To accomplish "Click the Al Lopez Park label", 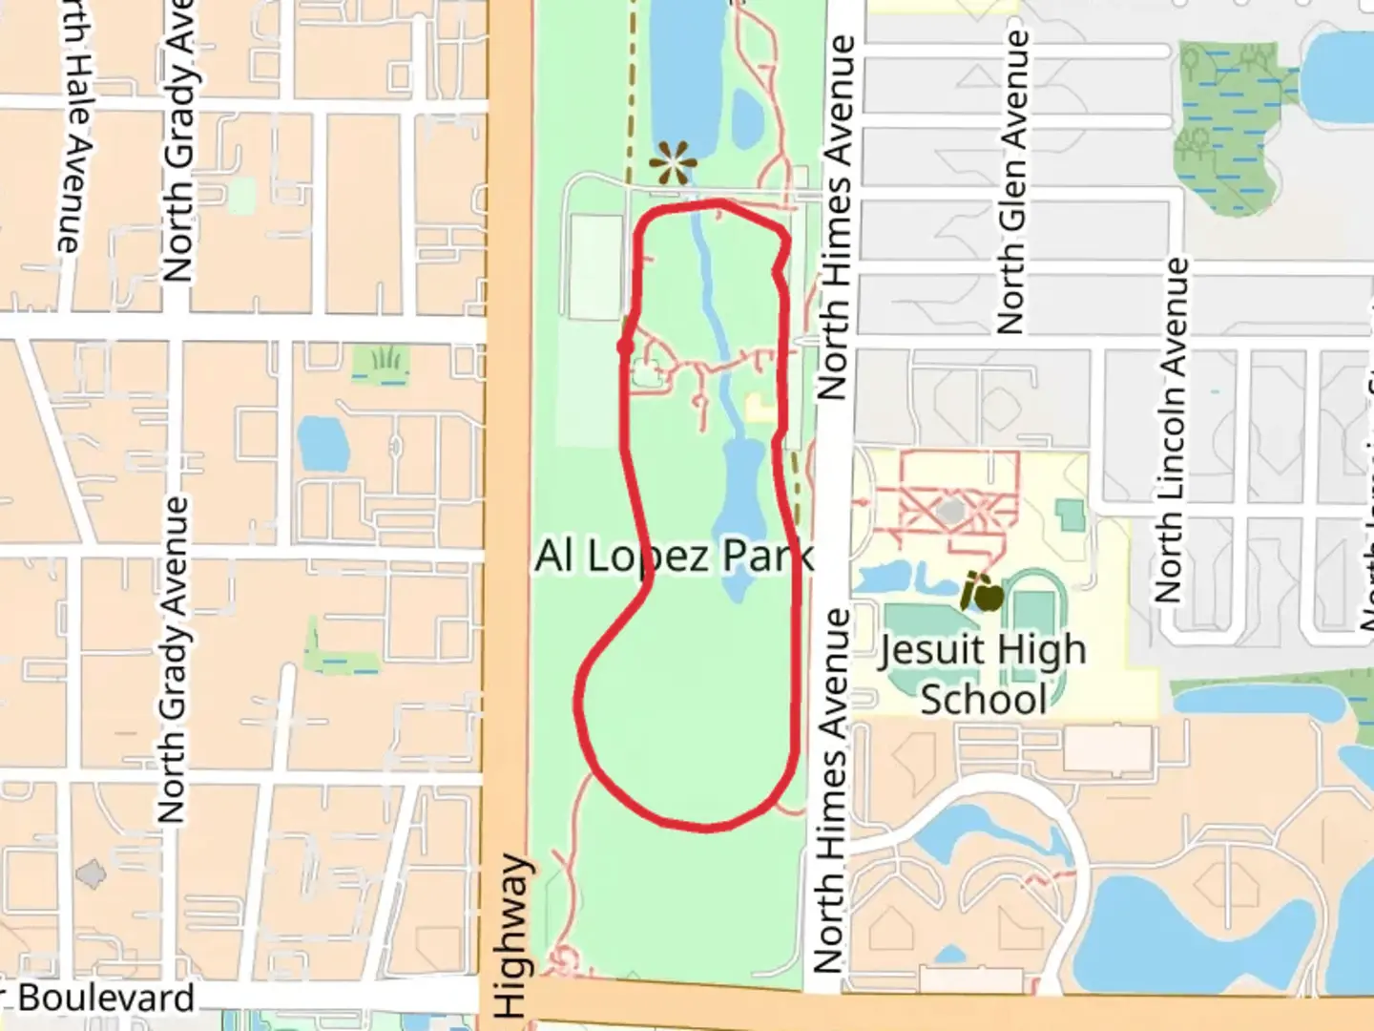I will point(674,556).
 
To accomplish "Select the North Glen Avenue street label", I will point(1013,181).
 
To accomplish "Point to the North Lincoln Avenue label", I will point(1172,430).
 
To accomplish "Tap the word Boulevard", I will point(105,999).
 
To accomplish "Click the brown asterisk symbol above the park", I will point(673,164).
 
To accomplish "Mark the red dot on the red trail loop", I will point(626,346).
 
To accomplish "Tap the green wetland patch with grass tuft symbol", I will point(382,363).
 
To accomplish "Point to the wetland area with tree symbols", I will point(1226,124).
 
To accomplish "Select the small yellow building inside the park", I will point(760,409).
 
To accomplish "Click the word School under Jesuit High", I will point(983,699).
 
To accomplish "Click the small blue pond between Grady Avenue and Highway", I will point(323,442).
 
